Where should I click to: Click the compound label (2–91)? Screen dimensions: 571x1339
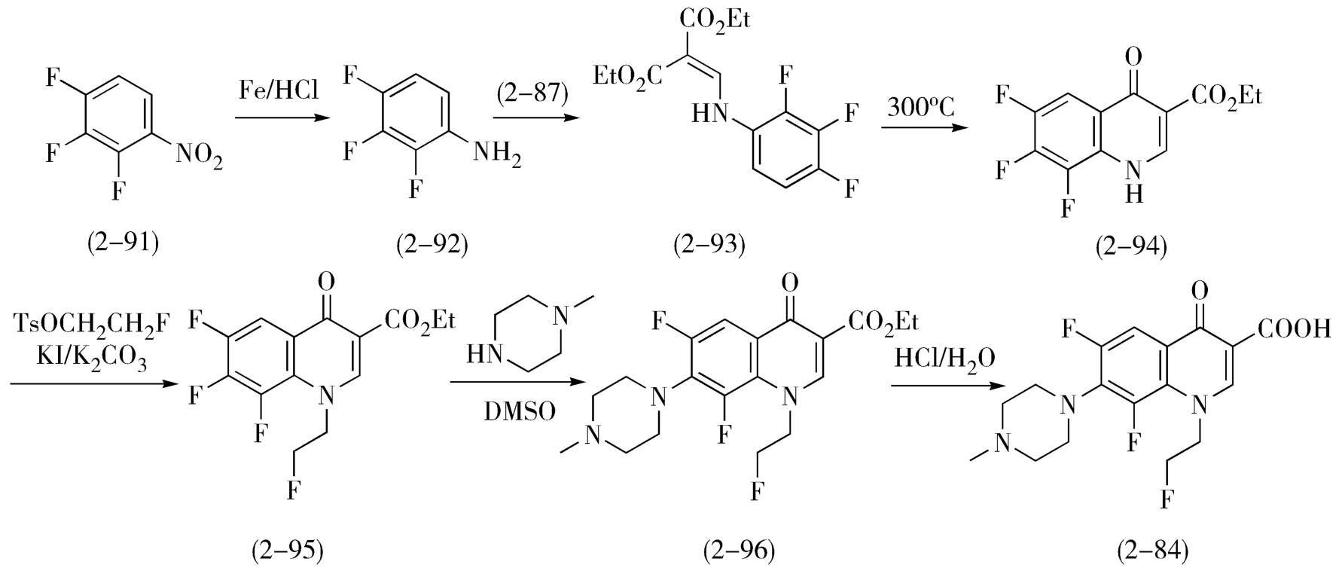[124, 243]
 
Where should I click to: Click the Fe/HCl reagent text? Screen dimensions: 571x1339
[279, 92]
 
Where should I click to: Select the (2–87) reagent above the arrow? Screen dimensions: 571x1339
[532, 93]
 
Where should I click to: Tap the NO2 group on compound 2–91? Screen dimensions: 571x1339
[200, 157]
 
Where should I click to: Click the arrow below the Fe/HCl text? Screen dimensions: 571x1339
[281, 118]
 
